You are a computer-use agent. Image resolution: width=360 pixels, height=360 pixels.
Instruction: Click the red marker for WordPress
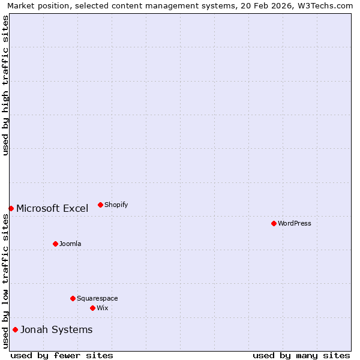(274, 223)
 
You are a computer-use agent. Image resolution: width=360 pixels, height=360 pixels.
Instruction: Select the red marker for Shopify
(100, 205)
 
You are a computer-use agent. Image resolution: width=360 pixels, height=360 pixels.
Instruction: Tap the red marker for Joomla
(55, 244)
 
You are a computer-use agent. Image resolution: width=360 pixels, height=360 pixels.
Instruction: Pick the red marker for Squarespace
(73, 298)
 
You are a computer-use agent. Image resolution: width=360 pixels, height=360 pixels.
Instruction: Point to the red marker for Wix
(92, 308)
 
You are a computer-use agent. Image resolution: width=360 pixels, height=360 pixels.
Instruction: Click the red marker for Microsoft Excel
(11, 208)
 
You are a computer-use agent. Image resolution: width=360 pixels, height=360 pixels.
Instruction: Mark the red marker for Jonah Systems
(15, 329)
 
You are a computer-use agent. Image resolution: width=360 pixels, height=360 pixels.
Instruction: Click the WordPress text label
(294, 223)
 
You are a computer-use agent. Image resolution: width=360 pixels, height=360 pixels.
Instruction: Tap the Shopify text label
(116, 205)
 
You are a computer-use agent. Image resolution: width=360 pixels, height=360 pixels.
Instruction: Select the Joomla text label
(70, 244)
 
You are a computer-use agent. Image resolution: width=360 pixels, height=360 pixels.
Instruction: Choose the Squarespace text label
(97, 298)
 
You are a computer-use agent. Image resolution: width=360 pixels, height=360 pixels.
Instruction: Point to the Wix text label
(103, 308)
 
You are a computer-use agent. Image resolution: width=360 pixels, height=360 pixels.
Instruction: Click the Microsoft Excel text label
(52, 208)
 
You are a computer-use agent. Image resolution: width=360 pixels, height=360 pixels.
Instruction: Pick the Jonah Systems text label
(56, 329)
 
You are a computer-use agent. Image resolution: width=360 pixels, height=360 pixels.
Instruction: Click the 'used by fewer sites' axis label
(62, 355)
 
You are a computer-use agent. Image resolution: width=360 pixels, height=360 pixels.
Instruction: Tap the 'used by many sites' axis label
(301, 355)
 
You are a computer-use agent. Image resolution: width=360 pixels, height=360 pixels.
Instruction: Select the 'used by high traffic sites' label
(5, 85)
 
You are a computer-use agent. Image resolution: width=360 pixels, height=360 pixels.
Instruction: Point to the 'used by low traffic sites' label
(5, 281)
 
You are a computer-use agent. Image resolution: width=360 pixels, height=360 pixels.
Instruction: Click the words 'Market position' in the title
(35, 5)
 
